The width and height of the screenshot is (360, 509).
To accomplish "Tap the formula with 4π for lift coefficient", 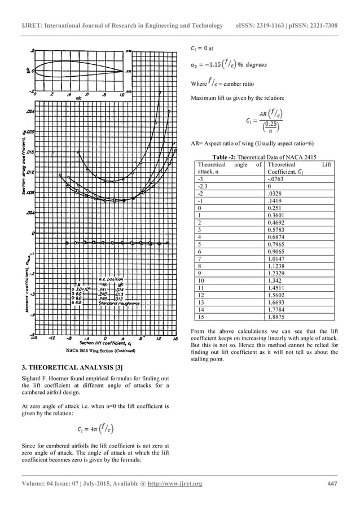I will [98, 429].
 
